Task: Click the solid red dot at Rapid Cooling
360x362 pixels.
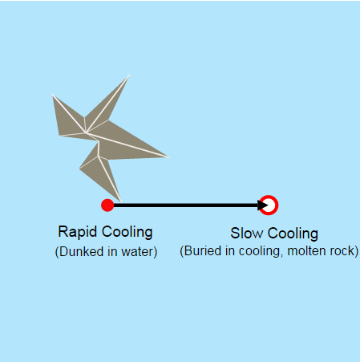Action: click(107, 205)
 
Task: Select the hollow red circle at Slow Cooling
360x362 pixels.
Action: click(269, 205)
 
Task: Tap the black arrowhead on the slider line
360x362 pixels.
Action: click(263, 205)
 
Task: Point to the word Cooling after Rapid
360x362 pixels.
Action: click(127, 232)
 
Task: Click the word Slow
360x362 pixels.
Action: click(247, 234)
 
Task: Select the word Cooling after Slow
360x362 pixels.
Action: click(293, 234)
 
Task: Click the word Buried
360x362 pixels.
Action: click(203, 251)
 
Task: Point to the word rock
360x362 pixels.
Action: click(342, 251)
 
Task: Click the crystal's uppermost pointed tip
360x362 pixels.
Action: click(130, 75)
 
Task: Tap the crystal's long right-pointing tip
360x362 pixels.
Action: click(169, 157)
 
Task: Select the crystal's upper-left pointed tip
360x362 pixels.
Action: click(52, 95)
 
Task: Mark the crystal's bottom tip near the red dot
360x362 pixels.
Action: click(121, 202)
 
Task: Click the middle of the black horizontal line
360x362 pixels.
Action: click(186, 205)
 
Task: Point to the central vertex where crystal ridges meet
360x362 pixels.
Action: click(86, 132)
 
